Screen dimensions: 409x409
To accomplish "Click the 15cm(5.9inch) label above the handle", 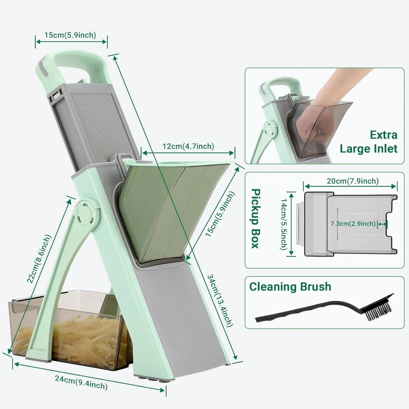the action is (70, 35).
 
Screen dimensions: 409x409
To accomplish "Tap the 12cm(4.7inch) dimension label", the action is (188, 146).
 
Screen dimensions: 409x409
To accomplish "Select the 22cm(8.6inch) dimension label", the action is (39, 259).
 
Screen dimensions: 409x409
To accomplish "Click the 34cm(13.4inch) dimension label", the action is (220, 300).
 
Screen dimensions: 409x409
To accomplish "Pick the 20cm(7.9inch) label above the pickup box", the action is (353, 181).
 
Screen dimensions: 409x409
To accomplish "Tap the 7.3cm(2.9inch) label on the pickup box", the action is (353, 224).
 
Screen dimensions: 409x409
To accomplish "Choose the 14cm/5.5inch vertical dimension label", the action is (284, 224).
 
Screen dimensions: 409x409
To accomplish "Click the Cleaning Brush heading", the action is (290, 287).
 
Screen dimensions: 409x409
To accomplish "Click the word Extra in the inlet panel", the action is (383, 135).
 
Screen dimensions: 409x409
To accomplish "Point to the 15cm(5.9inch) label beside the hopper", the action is (220, 214).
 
